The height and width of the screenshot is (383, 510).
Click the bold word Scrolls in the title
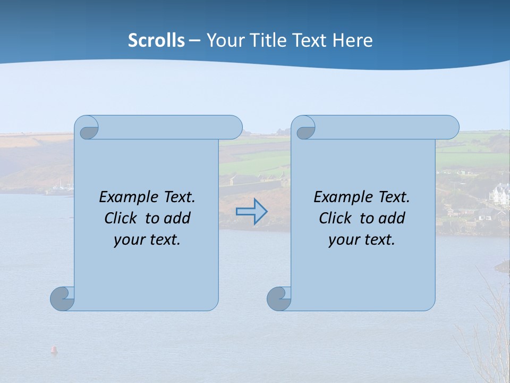(157, 40)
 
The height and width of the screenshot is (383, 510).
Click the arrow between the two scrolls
(251, 211)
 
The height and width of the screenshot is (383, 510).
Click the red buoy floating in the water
(53, 349)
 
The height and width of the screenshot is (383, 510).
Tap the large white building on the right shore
(500, 194)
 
